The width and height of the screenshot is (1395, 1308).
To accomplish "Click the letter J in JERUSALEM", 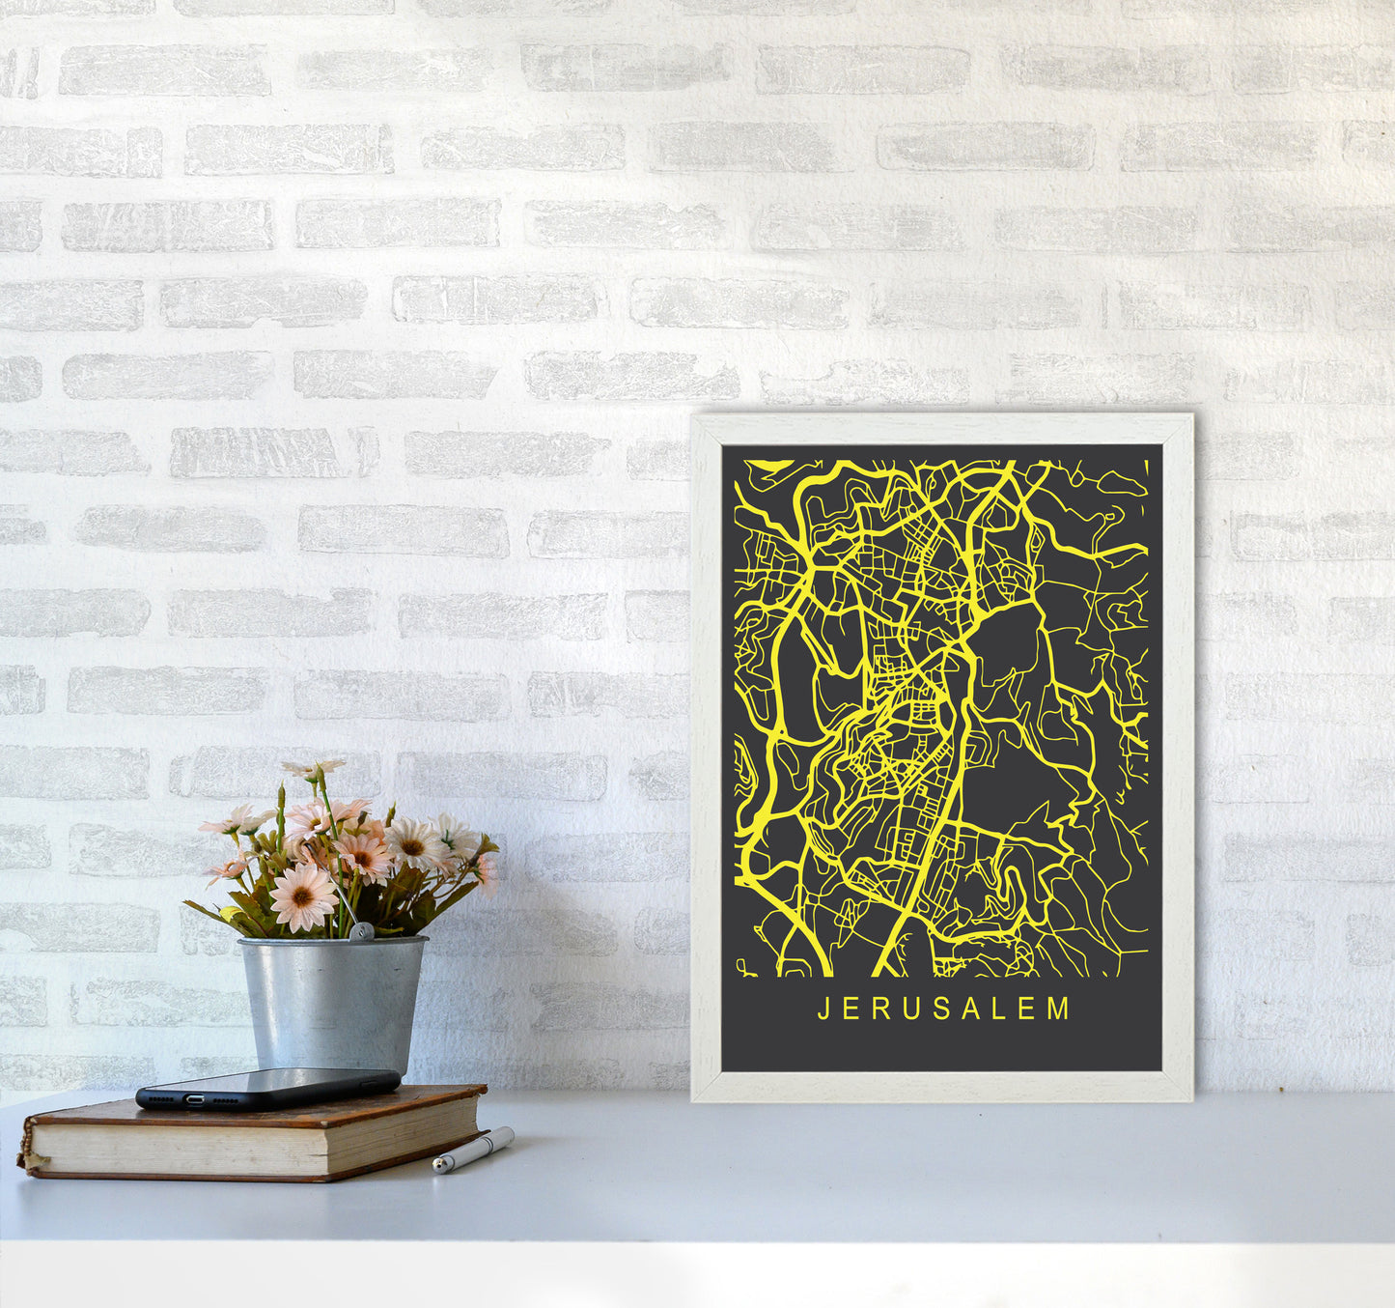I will [x=823, y=1009].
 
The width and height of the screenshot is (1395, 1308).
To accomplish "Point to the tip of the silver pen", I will [x=437, y=1169].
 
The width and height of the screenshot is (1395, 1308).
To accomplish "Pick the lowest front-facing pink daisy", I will [x=302, y=897].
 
